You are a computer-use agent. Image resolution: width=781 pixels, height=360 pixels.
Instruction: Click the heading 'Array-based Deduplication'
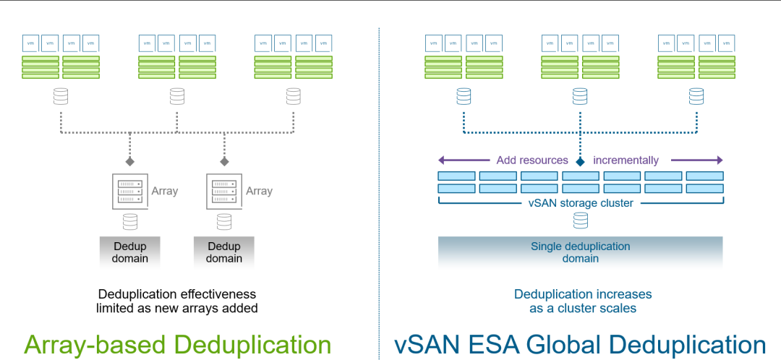click(177, 344)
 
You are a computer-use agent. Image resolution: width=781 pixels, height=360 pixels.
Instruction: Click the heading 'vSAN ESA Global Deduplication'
click(580, 344)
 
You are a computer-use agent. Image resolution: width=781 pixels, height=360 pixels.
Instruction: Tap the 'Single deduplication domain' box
click(580, 252)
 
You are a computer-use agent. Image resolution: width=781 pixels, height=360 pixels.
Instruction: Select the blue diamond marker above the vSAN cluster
click(580, 160)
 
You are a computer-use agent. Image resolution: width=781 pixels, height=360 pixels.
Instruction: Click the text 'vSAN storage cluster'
click(580, 203)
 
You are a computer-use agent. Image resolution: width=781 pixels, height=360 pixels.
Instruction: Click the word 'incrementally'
click(626, 160)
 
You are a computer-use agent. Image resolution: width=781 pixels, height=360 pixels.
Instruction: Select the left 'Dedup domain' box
click(130, 252)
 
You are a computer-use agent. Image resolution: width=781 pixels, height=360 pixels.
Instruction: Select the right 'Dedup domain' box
click(224, 252)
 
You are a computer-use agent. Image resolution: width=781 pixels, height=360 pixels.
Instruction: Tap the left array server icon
click(130, 192)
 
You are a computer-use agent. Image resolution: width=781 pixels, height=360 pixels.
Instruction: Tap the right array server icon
click(224, 192)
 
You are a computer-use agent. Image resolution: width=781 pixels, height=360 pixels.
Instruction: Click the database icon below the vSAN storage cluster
click(580, 220)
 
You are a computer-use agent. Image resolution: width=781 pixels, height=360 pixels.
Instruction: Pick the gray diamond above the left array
click(130, 160)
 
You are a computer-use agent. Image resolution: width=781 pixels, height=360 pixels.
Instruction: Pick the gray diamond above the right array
click(224, 160)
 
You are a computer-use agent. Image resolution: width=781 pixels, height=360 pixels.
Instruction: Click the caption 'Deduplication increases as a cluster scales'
click(583, 301)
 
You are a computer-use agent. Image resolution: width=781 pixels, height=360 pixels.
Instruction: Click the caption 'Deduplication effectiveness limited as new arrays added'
click(177, 301)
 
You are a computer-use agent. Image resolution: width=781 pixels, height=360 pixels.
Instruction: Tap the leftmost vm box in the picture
click(30, 43)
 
